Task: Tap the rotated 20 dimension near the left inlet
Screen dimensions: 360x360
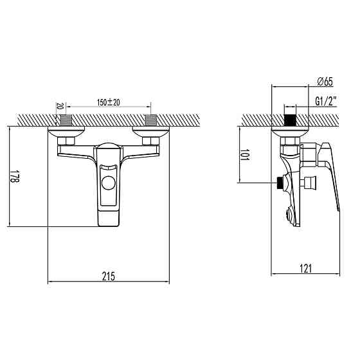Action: [x=59, y=106]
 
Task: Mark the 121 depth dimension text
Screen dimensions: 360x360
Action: [x=306, y=269]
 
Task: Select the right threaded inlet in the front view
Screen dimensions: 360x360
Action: [x=152, y=120]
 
